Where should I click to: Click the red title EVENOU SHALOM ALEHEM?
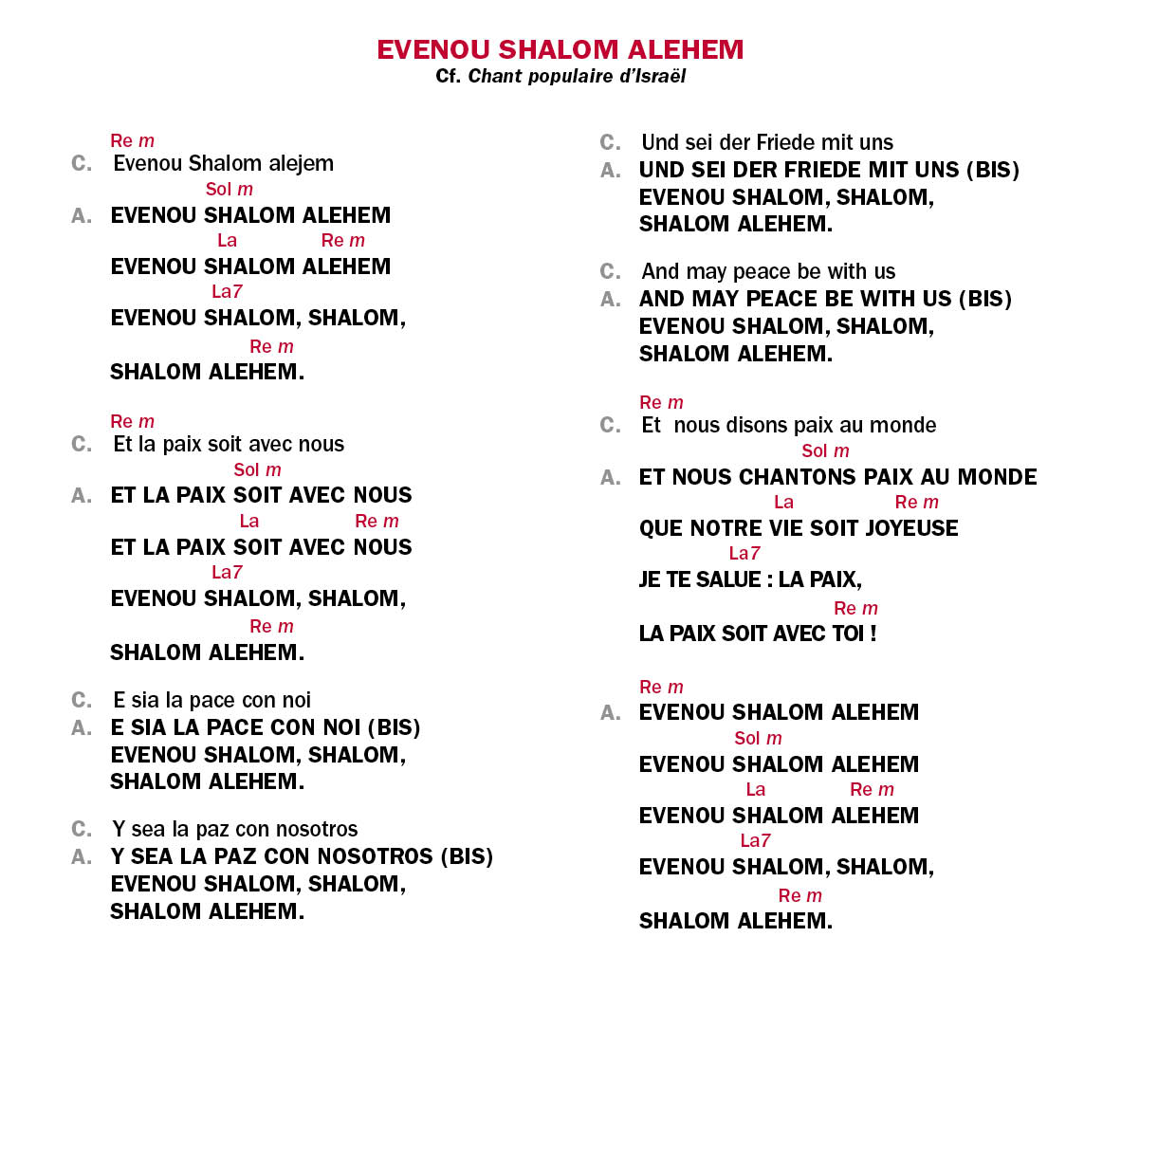560,49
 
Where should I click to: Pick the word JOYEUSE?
911,528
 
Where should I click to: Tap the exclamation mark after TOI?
873,634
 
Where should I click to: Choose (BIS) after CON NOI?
394,727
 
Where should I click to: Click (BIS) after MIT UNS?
992,170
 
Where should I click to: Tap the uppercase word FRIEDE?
827,170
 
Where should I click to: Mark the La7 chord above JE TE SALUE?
744,553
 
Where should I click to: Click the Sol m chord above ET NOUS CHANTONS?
825,451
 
